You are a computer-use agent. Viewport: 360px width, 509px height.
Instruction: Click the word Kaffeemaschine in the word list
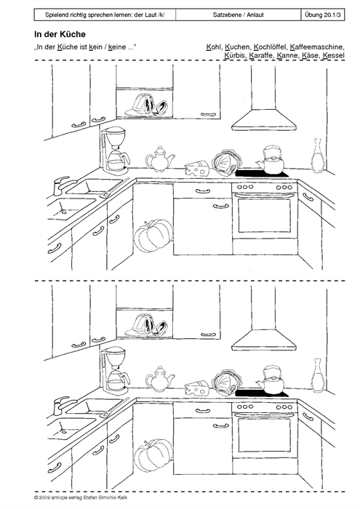[317, 47]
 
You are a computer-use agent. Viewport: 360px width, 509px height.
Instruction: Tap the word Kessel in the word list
[333, 55]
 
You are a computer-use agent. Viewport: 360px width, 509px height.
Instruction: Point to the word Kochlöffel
[270, 47]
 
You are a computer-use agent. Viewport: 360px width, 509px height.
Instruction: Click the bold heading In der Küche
[60, 34]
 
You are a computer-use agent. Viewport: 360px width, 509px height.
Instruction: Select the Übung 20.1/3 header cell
[323, 15]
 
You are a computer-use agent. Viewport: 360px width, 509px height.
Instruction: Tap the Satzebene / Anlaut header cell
[239, 15]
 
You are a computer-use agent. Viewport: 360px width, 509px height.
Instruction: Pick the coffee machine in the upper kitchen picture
[114, 151]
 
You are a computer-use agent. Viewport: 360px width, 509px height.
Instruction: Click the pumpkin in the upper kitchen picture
[153, 236]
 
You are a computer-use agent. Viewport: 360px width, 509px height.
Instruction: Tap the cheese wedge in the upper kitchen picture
[197, 169]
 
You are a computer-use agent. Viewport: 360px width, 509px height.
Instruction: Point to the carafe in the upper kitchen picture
[317, 156]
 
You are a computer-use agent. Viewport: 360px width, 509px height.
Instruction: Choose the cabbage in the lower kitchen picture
[227, 382]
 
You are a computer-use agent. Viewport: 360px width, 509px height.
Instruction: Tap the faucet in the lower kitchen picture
[64, 404]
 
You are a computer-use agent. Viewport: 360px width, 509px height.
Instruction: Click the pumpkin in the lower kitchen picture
[153, 454]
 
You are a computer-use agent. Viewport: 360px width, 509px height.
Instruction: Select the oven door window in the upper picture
[264, 215]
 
